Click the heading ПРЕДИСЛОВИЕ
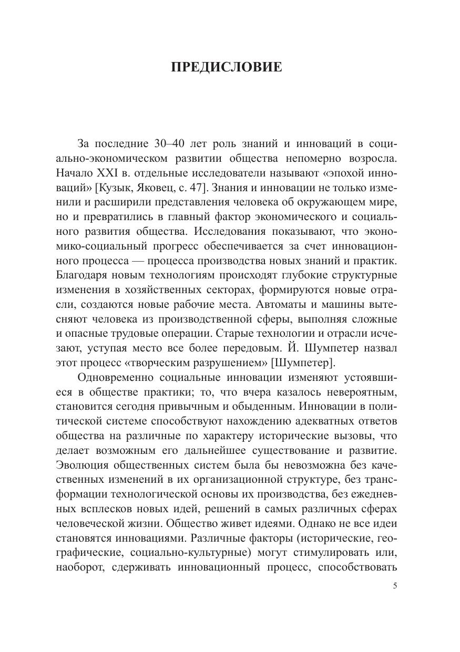pos(227,68)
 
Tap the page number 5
pos(395,586)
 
